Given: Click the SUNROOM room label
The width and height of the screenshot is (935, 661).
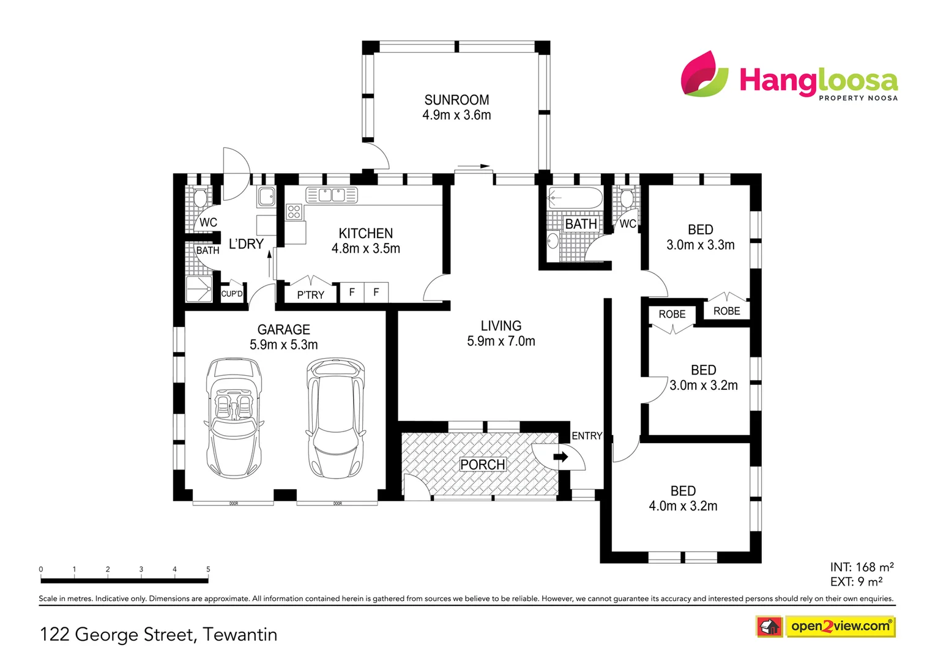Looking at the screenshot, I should point(456,100).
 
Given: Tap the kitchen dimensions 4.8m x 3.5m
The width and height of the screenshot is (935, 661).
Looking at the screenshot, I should point(366,248).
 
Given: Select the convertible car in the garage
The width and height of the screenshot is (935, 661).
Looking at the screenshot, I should point(234,418).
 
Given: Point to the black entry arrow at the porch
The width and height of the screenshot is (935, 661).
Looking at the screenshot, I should point(560,457).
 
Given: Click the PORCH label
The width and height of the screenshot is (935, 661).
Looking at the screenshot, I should point(483,465).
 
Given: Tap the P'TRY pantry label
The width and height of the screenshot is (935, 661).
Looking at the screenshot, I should point(311,295).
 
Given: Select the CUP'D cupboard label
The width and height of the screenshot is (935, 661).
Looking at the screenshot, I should point(232,294).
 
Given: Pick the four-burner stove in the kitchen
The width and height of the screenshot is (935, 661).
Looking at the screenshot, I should point(294,212).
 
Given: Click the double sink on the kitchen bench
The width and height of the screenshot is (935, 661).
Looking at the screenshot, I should point(332,195).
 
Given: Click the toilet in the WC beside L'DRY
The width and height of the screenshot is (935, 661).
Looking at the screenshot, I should point(199,197).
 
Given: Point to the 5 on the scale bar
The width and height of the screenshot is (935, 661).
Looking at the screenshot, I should point(208,569).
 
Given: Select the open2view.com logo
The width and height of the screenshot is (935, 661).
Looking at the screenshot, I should point(840,626).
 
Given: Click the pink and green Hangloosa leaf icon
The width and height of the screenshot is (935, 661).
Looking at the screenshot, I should point(704,74).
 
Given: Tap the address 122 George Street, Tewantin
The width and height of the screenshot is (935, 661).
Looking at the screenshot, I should point(158,634).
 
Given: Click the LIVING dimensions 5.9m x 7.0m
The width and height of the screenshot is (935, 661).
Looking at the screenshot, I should point(501,342).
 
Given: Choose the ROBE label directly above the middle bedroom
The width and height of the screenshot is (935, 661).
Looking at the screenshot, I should point(672,314).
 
